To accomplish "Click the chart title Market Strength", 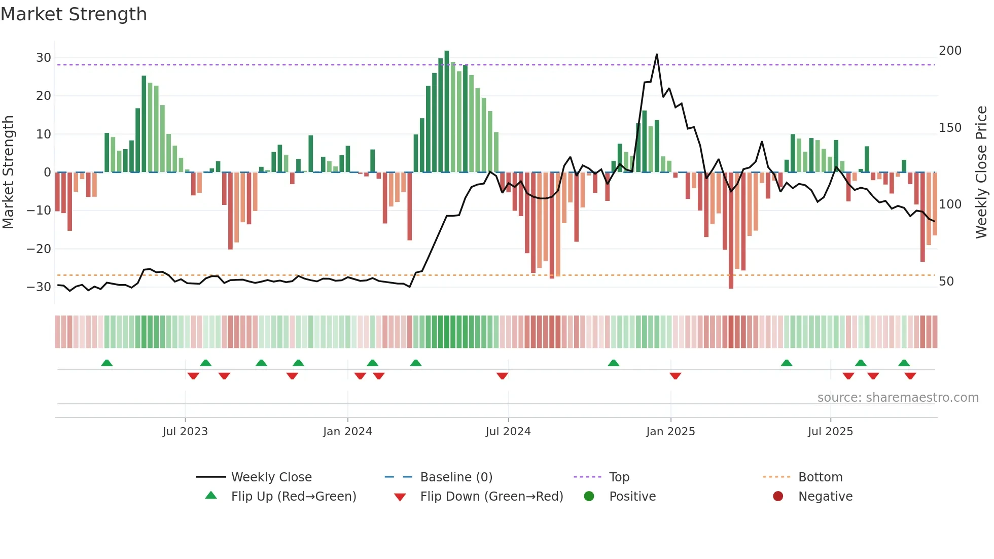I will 74,14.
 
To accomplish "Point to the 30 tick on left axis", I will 44,58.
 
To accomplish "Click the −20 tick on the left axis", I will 39,249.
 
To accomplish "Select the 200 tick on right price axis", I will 950,51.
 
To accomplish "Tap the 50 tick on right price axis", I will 946,282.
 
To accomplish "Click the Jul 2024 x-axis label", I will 508,432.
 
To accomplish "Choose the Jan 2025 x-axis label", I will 670,432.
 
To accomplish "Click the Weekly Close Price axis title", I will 982,172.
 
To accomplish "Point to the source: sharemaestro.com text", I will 898,398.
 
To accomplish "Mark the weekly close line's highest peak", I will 657,54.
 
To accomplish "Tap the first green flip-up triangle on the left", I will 106,363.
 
